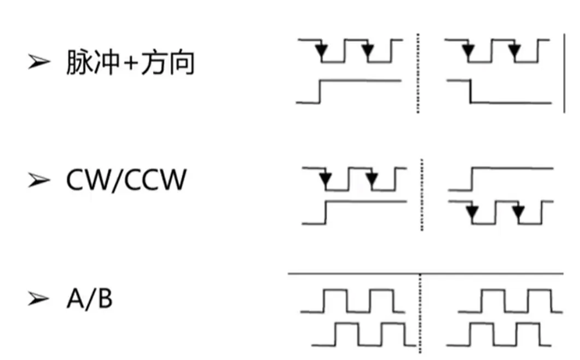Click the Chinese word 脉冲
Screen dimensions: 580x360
tap(92, 62)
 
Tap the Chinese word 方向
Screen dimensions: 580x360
tap(168, 62)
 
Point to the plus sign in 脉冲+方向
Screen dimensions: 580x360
tap(130, 63)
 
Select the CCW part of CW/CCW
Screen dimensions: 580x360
tap(155, 180)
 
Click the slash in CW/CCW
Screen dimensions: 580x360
tap(116, 180)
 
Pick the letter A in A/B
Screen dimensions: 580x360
tap(75, 299)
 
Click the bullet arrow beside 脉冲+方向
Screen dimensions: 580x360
tap(39, 61)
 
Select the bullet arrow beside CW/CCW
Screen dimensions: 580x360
tap(39, 180)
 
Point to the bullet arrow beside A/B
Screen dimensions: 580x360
tap(39, 299)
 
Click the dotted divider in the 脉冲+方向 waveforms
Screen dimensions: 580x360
tap(418, 73)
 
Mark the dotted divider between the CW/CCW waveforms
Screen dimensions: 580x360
tap(422, 195)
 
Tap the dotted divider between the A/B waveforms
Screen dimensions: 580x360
tap(420, 313)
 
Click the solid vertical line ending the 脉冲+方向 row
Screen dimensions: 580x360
tap(564, 73)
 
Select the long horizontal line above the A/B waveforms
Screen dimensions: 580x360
tap(426, 274)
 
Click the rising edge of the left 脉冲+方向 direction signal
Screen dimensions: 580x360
tap(320, 91)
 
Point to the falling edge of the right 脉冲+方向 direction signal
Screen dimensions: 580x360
tap(471, 91)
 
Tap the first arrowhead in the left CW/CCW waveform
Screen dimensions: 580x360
tap(326, 179)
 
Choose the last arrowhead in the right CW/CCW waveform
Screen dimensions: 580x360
tap(518, 212)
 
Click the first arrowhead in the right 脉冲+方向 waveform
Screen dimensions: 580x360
tap(468, 50)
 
